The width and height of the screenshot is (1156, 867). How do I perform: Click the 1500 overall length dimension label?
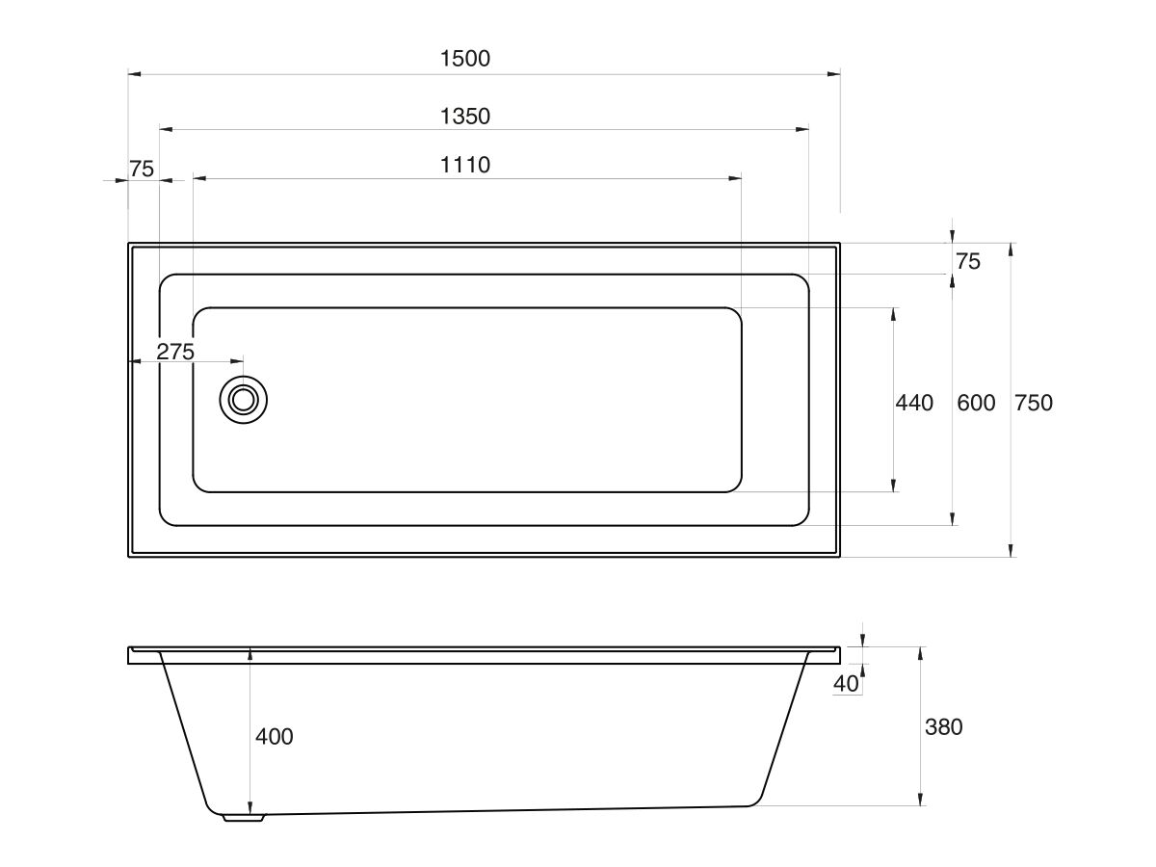465,59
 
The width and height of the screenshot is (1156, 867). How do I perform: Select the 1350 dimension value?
465,117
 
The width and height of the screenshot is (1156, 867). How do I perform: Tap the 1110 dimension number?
465,166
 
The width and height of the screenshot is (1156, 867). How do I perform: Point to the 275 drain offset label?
175,352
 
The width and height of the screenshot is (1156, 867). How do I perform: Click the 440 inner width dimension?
914,403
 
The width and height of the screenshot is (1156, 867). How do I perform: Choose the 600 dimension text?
976,403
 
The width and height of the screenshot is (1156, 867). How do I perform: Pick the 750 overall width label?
1034,403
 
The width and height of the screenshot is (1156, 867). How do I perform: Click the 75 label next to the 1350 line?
142,170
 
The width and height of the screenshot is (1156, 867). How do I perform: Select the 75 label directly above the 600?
967,261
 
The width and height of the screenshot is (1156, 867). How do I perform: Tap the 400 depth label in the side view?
275,737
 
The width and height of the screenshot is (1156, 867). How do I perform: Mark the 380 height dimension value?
943,727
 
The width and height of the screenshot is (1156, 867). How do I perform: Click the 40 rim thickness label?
846,684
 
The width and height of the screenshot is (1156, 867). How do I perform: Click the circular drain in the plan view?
243,400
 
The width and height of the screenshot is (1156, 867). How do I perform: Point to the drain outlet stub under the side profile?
243,818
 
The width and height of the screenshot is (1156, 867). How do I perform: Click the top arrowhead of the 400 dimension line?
250,653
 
